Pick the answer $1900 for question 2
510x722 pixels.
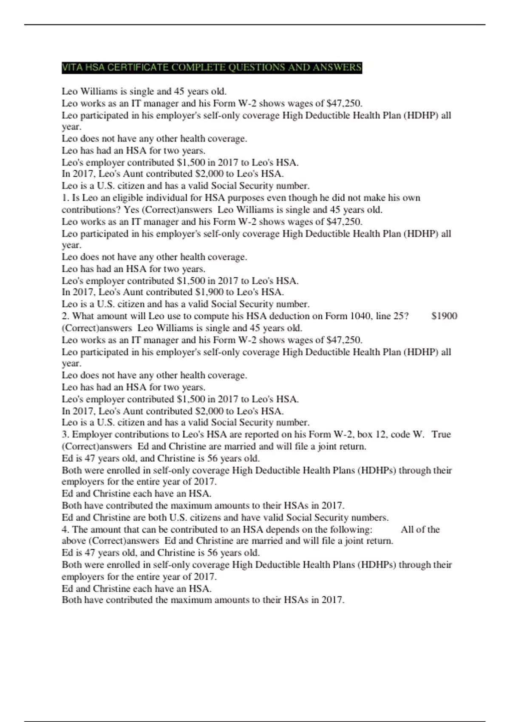(x=444, y=316)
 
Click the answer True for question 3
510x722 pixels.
(x=441, y=434)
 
